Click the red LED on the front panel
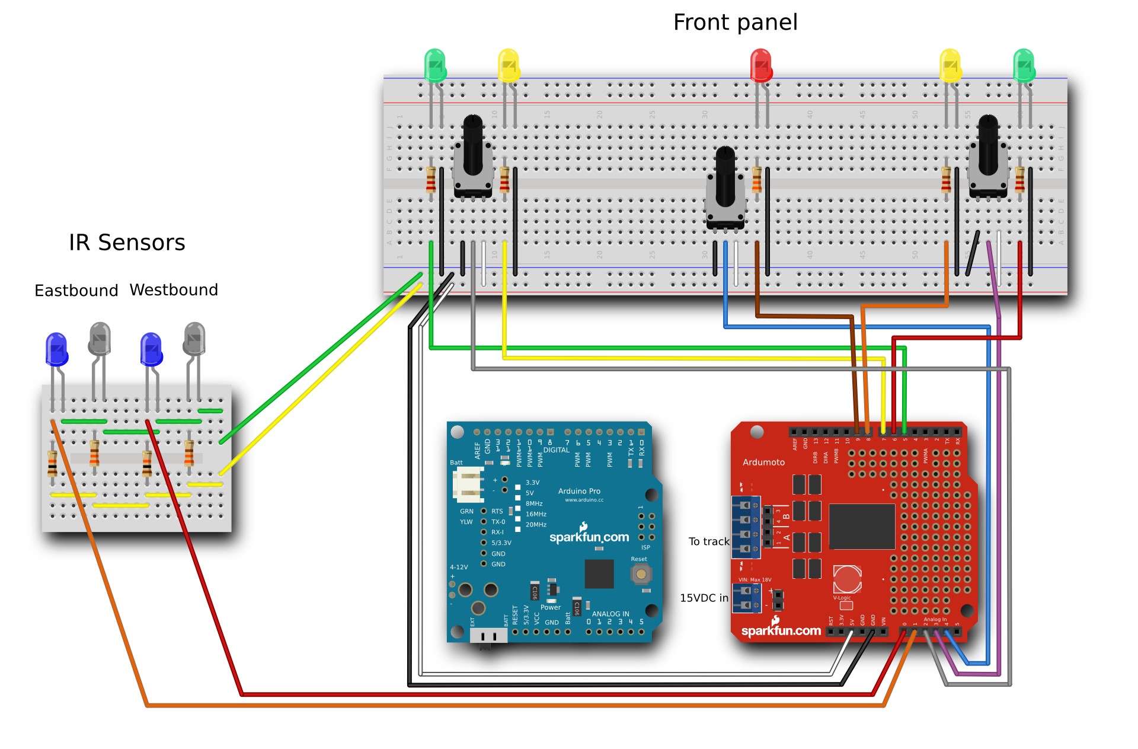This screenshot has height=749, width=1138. (x=761, y=65)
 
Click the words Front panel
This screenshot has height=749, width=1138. (x=735, y=23)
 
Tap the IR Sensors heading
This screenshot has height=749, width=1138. (x=127, y=243)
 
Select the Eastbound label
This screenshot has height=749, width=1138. (x=76, y=291)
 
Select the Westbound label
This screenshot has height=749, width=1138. (x=174, y=290)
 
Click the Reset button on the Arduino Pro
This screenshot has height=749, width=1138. (x=641, y=574)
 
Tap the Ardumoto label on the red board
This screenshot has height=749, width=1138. (x=763, y=463)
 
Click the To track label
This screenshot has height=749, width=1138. (x=708, y=541)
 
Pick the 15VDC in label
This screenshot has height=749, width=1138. (x=704, y=598)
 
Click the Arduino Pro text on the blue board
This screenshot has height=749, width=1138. (x=579, y=491)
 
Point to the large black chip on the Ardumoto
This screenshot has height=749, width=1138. (x=862, y=527)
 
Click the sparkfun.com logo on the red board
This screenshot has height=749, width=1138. (x=781, y=630)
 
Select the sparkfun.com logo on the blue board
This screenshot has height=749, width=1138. (x=589, y=537)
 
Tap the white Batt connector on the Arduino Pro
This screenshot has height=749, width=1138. (x=468, y=484)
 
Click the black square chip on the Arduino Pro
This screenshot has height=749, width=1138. (x=599, y=573)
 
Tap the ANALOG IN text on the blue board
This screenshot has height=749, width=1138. (x=610, y=614)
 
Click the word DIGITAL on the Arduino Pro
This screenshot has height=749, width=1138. (x=556, y=450)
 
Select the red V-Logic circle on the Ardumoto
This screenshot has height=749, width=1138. (x=846, y=579)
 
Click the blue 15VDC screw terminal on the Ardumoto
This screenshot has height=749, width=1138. (x=746, y=598)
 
